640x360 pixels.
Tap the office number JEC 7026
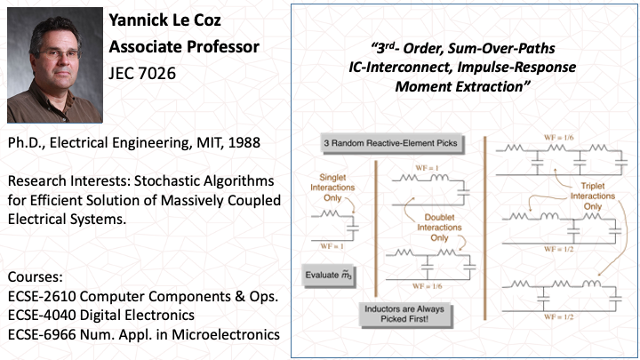tap(140, 73)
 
